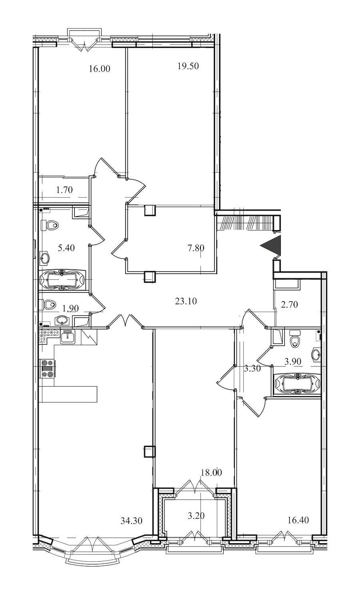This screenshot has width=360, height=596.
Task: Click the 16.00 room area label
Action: coord(100,69)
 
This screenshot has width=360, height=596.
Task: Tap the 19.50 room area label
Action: coord(188,66)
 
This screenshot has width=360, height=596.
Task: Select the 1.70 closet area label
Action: coord(64,190)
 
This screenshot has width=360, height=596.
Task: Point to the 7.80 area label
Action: coord(196,248)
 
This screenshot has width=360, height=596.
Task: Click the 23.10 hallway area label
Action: coord(186,301)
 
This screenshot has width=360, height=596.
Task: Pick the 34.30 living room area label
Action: coord(132,521)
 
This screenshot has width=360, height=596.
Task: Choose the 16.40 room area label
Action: coord(298,520)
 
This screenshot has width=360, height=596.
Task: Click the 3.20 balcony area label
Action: coord(196,516)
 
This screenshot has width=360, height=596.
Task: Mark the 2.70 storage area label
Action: coord(289,304)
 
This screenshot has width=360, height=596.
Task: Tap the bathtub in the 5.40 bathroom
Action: coord(62,280)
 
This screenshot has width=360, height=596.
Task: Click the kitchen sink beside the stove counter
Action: coord(68,337)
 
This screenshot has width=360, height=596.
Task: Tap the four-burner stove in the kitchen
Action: coord(48,369)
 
